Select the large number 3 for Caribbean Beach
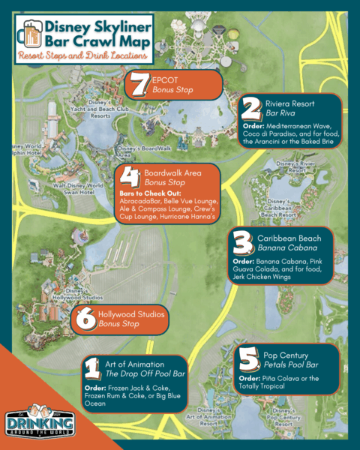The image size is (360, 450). pos(241,244)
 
